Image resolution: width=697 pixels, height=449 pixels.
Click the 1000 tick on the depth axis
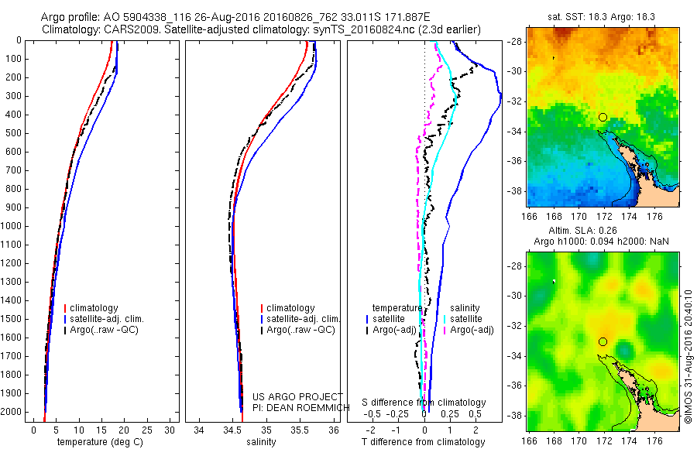[13, 226]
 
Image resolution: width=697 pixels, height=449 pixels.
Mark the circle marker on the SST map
[603, 117]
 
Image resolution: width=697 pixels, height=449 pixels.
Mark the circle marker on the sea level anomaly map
[603, 341]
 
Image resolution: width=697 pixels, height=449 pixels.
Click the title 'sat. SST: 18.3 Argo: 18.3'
[603, 26]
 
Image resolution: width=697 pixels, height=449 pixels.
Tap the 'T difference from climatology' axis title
[423, 442]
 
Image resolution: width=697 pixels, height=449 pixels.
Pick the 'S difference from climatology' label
[424, 403]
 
